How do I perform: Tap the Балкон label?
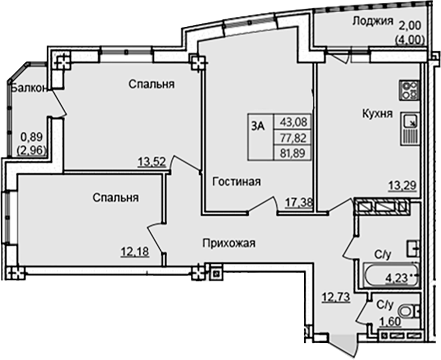click(x=28, y=89)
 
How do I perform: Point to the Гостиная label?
click(x=236, y=181)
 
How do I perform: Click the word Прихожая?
click(x=229, y=243)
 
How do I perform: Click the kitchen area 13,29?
click(x=402, y=186)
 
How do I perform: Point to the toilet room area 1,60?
click(x=389, y=320)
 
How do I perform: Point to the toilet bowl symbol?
click(x=415, y=312)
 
